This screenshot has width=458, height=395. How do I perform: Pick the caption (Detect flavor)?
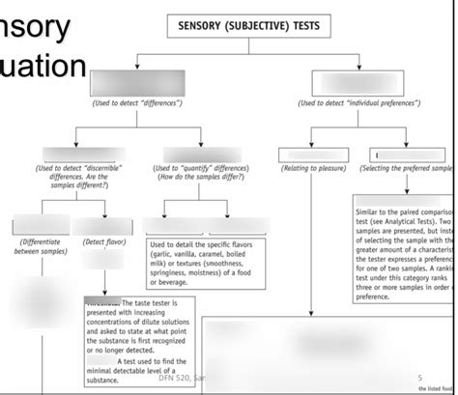click(105, 241)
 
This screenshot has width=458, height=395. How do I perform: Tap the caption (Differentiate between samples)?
click(40, 246)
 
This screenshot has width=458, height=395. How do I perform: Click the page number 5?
click(419, 377)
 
